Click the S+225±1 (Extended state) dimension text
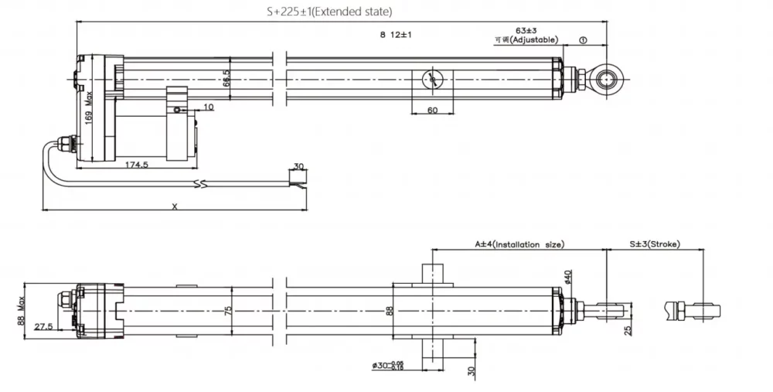click(329, 12)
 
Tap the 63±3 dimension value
click(526, 31)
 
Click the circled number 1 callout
click(583, 40)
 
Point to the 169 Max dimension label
click(89, 107)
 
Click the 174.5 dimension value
click(136, 164)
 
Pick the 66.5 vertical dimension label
click(226, 78)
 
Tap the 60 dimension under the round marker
click(432, 110)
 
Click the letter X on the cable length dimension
click(175, 206)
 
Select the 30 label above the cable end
click(298, 167)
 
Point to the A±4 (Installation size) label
click(519, 244)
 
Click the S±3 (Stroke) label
click(654, 244)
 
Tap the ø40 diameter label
click(567, 277)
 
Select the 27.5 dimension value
click(43, 326)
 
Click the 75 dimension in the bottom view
click(228, 311)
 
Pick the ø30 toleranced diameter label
click(389, 366)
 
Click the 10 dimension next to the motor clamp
click(209, 107)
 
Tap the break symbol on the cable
click(201, 185)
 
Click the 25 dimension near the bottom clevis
click(628, 330)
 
